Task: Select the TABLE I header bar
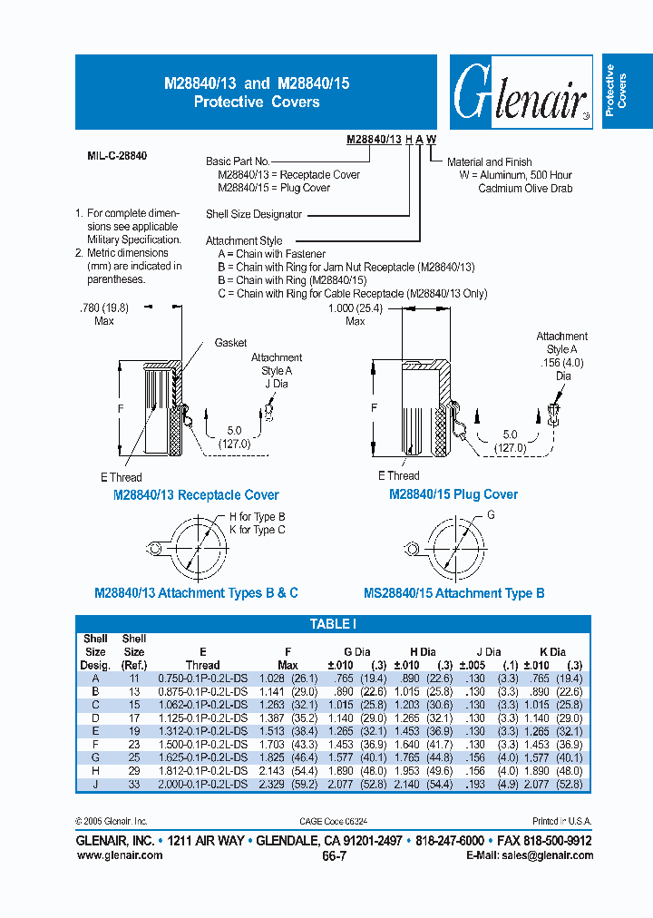tap(333, 624)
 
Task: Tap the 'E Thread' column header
tap(202, 658)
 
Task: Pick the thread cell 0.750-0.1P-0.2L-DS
tap(202, 679)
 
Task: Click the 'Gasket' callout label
tap(230, 344)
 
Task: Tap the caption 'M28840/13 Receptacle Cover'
tap(195, 495)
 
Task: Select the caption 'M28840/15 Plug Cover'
tap(453, 494)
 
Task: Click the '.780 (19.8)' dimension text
tap(106, 308)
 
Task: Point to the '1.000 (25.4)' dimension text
tap(355, 308)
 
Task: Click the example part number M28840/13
tap(375, 139)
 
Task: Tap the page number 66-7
tap(334, 855)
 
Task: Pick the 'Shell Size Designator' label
tap(254, 215)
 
